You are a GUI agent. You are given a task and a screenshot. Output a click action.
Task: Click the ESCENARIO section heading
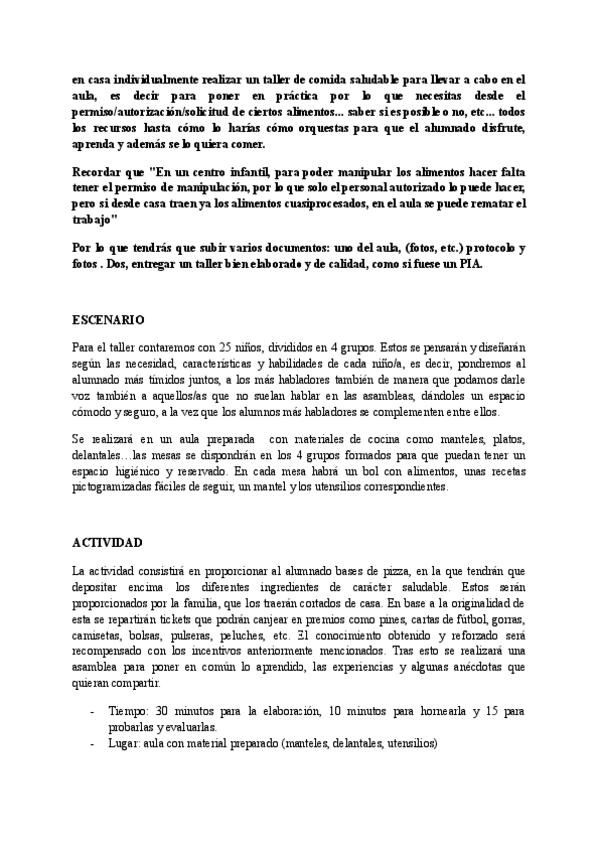(108, 320)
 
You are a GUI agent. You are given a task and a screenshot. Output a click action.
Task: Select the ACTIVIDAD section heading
(107, 542)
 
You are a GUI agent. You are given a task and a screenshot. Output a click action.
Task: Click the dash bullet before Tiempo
(92, 712)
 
